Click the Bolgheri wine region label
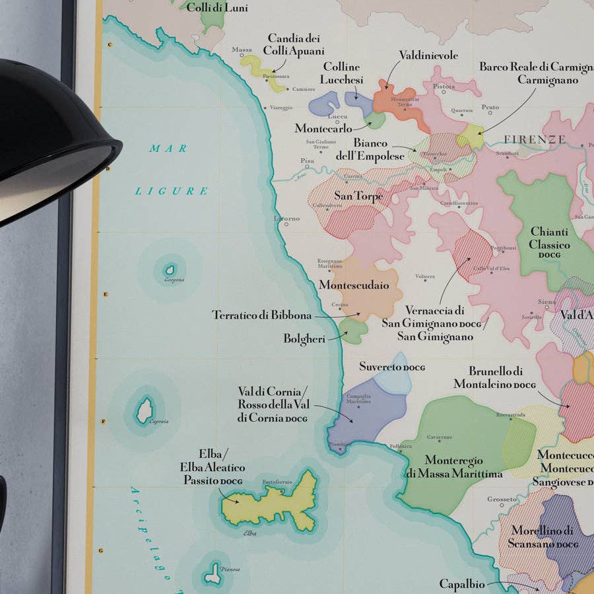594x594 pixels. pos(305,339)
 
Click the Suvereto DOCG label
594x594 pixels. pos(392,366)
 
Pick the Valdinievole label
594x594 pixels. pos(428,55)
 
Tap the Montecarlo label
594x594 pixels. pos(323,128)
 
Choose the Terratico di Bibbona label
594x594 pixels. pos(261,315)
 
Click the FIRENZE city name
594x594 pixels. pos(535,140)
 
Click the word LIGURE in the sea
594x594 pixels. pos(172,191)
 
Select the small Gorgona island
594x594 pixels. pos(170,270)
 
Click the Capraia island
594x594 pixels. pos(145,410)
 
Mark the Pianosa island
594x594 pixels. pos(213,574)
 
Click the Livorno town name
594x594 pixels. pos(287,218)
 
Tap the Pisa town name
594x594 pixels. pos(307,160)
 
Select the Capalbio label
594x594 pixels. pos(462,584)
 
